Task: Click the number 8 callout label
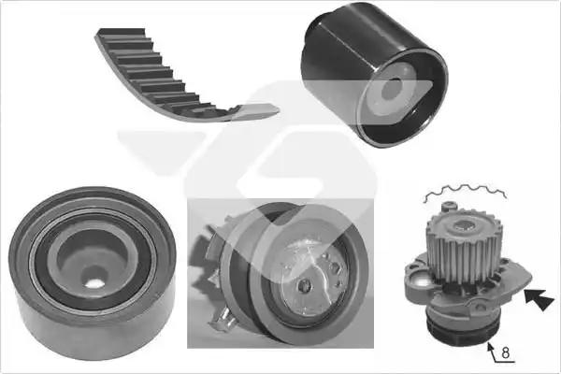coord(505,352)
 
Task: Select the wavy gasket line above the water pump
coord(465,193)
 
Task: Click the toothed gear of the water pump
coord(463,247)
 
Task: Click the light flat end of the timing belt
coord(257,110)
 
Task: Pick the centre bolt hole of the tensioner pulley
coord(304,285)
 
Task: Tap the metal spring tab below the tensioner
coord(223,319)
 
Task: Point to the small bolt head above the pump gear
coord(450,206)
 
